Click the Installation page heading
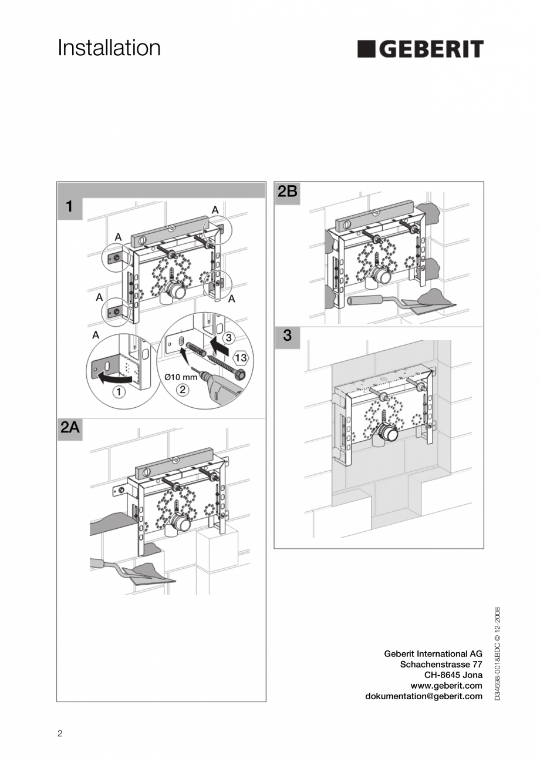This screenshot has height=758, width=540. (109, 48)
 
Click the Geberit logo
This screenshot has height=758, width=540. (420, 49)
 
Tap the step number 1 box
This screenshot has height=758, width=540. (70, 207)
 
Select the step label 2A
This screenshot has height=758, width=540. (70, 428)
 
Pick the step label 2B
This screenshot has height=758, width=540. (288, 192)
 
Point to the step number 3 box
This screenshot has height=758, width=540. (288, 336)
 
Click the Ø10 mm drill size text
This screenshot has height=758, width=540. (180, 377)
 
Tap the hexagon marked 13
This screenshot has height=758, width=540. (241, 357)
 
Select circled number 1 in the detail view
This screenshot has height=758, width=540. (119, 393)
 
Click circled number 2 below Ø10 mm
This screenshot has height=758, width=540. (182, 389)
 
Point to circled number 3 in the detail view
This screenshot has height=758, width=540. (230, 337)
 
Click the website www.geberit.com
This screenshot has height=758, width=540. (446, 686)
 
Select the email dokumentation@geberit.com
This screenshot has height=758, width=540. (423, 696)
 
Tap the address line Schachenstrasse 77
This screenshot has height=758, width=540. (441, 665)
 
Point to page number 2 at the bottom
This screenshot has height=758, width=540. (60, 733)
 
